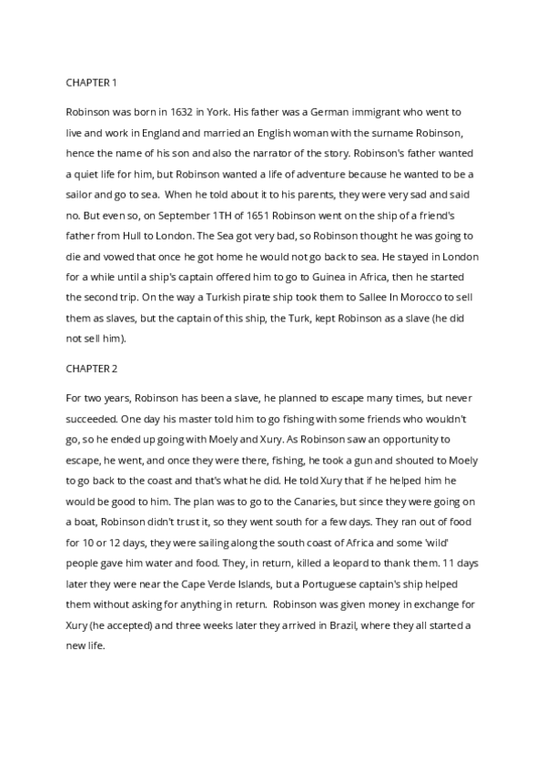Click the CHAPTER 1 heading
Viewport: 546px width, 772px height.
click(x=92, y=83)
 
